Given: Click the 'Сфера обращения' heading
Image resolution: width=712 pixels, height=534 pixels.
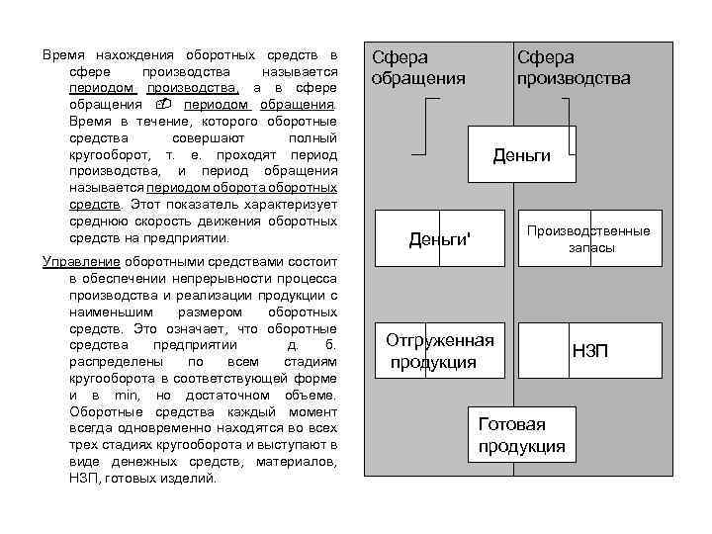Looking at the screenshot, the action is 417,68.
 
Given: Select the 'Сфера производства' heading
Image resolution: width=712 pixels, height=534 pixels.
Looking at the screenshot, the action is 573,68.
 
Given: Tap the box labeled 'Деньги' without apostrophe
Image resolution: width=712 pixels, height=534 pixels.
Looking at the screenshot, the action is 521,155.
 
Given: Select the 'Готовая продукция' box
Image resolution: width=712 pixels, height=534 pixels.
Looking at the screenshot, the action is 521,435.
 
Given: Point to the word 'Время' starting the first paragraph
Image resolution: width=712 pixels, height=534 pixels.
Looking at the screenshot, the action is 62,53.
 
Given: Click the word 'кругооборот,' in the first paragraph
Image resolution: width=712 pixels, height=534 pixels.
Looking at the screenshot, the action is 106,155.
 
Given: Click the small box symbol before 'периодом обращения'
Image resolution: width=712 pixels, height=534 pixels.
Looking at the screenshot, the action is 164,104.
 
